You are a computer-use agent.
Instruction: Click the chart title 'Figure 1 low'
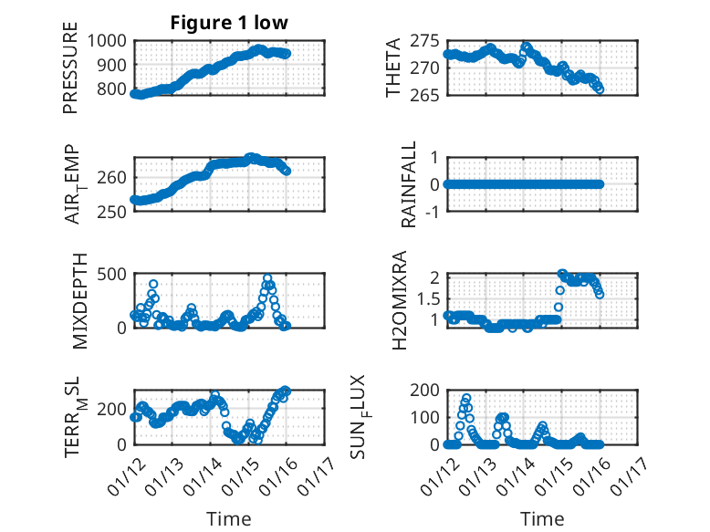[x=229, y=24]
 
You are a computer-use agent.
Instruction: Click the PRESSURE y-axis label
[x=70, y=72]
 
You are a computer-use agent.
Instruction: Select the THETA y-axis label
[x=393, y=68]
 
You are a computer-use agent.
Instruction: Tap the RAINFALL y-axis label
[x=410, y=184]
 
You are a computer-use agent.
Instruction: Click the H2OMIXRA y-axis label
[x=400, y=300]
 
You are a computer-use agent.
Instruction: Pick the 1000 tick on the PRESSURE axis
[x=111, y=40]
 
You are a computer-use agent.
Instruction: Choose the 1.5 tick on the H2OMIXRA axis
[x=429, y=298]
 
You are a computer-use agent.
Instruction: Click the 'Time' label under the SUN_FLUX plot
[x=542, y=518]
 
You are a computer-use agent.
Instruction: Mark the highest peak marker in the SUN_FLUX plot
[x=466, y=398]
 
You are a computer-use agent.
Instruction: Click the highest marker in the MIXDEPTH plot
[x=267, y=277]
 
